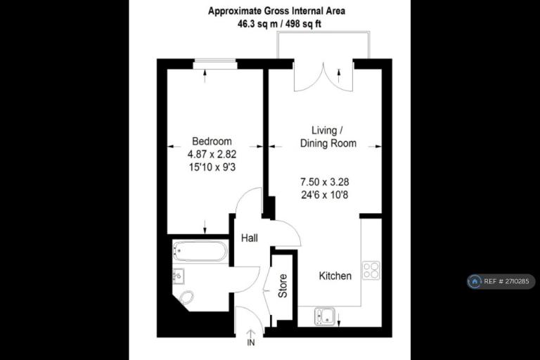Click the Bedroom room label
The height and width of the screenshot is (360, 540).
[x=212, y=141]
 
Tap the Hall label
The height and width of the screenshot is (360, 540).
[x=250, y=238]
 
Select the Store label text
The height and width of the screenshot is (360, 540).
[x=283, y=286]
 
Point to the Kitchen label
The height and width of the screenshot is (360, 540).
[x=335, y=276]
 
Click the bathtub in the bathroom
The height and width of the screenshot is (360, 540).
[x=200, y=251]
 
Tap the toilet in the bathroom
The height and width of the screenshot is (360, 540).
[x=186, y=297]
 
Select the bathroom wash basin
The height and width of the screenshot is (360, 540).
[x=178, y=276]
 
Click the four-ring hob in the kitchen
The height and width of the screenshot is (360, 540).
[x=371, y=270]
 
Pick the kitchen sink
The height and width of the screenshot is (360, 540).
[x=324, y=316]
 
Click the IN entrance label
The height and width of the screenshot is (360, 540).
[x=251, y=342]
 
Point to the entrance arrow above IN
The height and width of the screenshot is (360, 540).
[x=251, y=333]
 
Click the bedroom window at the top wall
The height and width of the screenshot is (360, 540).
[x=215, y=65]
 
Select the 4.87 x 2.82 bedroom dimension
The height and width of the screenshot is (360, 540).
[x=212, y=154]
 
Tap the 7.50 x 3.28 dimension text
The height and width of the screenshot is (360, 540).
[x=325, y=182]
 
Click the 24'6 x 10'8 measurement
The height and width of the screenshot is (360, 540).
[x=325, y=195]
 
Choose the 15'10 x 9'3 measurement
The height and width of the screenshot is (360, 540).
[x=212, y=167]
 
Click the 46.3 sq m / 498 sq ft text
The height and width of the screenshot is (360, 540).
[x=279, y=24]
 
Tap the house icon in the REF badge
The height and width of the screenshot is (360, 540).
[x=475, y=281]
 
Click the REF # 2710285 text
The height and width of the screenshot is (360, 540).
[x=506, y=281]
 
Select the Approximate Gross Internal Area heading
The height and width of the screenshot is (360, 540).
[x=276, y=11]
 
